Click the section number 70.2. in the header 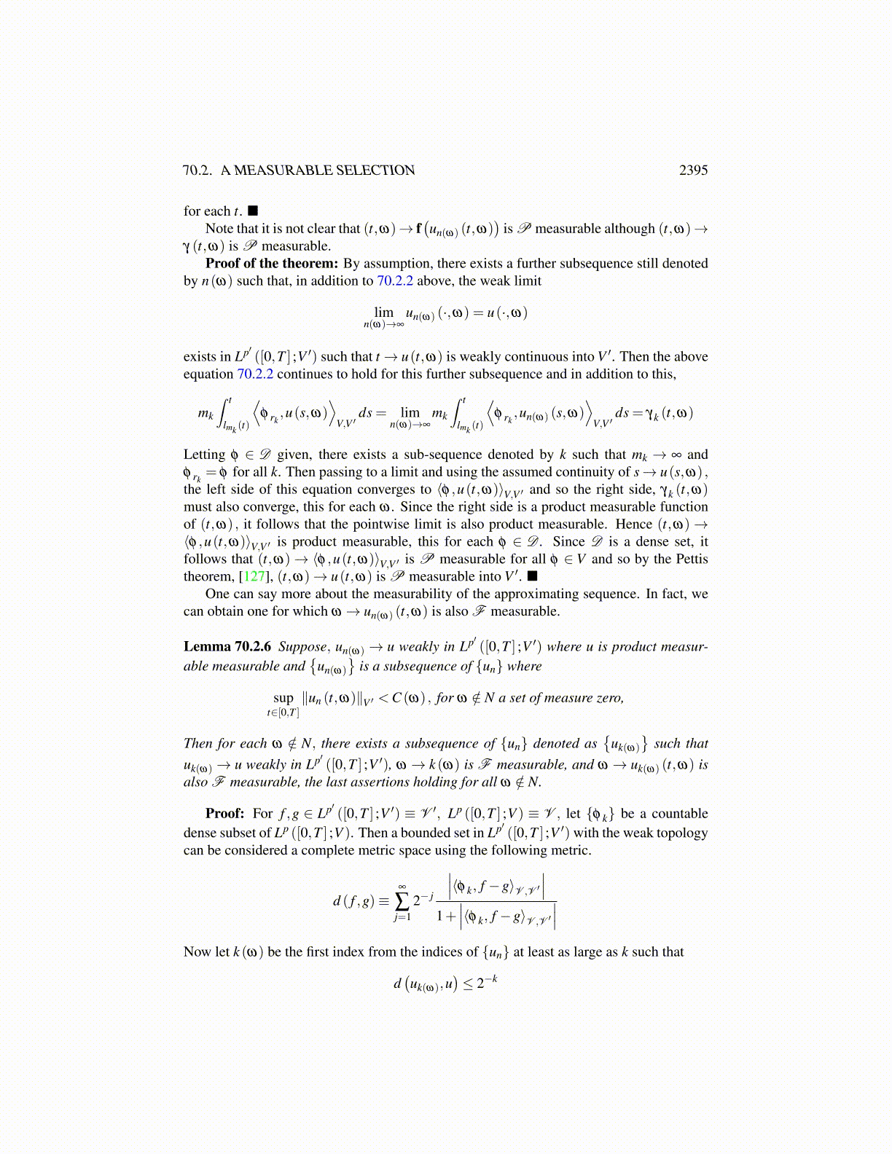click(197, 170)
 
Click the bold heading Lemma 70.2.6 click(227, 647)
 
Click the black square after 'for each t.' click(253, 211)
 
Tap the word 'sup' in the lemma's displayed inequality click(283, 698)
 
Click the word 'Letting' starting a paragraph click(204, 455)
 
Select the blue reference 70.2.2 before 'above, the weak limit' click(395, 281)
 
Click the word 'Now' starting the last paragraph click(197, 952)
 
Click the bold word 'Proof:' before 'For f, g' click(224, 814)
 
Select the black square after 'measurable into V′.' click(533, 577)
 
